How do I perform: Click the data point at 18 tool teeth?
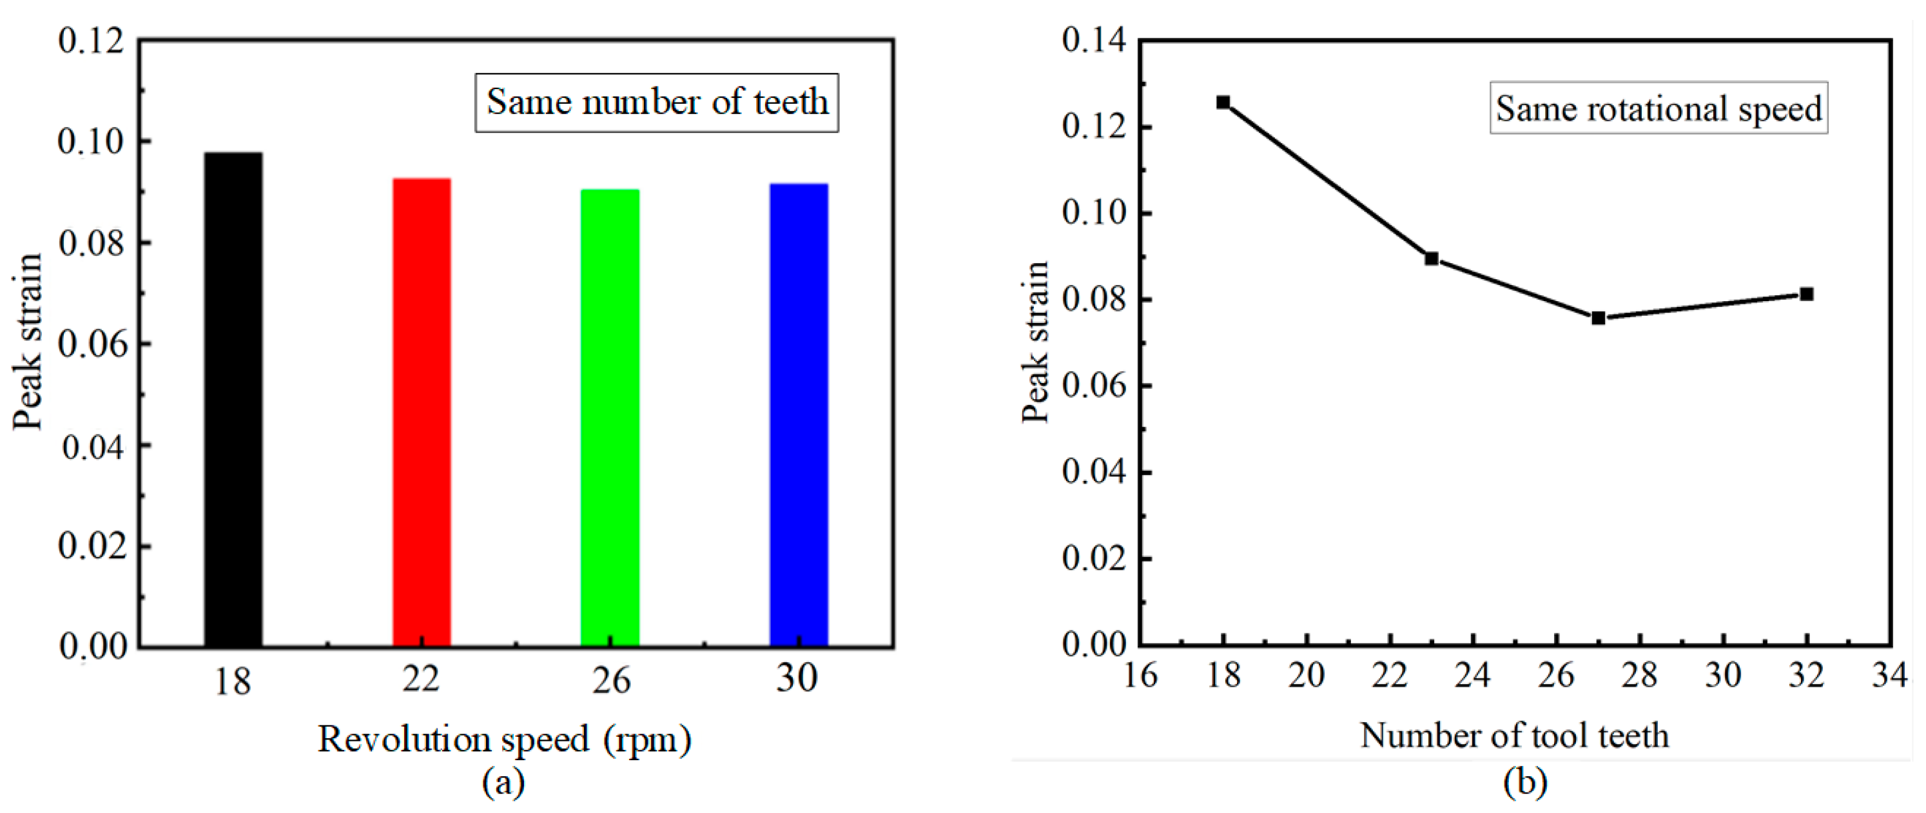(1223, 103)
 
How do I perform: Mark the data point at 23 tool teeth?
(1432, 259)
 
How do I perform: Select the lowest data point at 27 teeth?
(1599, 318)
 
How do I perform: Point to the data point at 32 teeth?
(1806, 294)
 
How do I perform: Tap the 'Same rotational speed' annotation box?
(1658, 108)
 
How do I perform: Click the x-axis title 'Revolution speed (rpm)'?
(505, 739)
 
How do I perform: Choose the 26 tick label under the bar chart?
(611, 681)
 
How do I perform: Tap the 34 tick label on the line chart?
(1889, 676)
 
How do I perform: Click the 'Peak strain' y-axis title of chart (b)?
(1036, 342)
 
